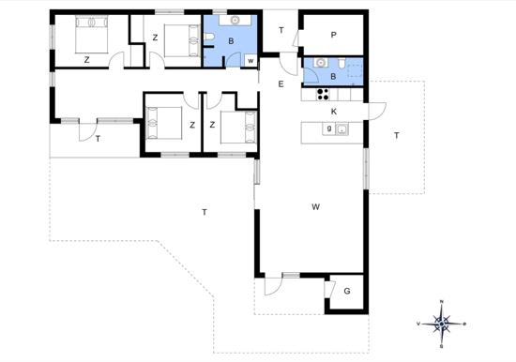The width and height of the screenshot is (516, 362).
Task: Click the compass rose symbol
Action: tap(442, 324)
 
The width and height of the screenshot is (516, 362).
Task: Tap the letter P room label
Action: tap(333, 36)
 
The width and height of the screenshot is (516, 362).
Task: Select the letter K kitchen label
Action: tap(333, 112)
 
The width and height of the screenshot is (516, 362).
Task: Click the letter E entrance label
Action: tap(281, 84)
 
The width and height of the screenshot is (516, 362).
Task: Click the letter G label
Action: tap(346, 292)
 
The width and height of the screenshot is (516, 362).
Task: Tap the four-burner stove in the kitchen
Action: tap(323, 93)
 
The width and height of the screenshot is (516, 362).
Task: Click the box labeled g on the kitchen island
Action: tap(328, 129)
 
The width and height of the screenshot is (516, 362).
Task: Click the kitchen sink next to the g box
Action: tap(342, 130)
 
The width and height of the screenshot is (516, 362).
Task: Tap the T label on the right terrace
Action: tap(396, 136)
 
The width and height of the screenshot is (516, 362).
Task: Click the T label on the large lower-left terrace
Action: tap(204, 213)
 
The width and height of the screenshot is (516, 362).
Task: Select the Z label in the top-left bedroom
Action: tap(86, 60)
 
